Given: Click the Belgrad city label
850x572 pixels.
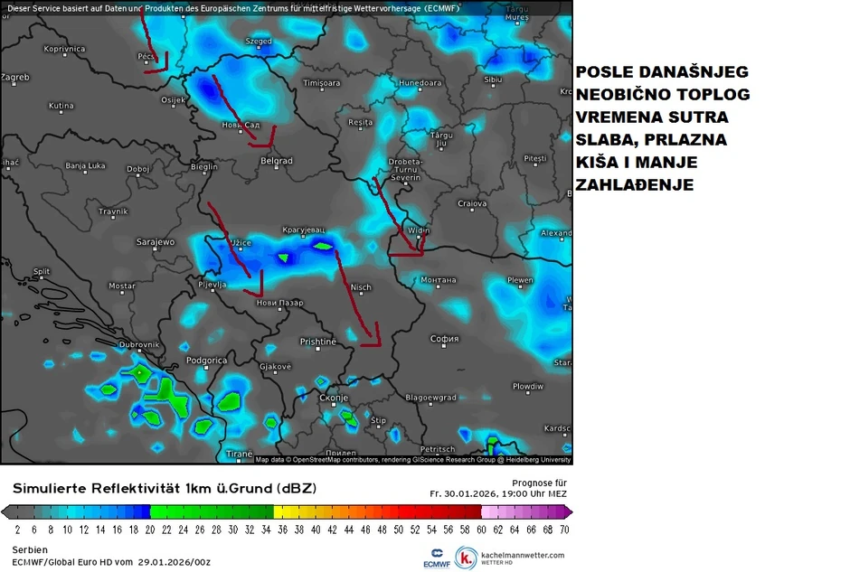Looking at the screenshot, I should (x=276, y=161).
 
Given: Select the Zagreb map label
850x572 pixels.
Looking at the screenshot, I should (x=15, y=78).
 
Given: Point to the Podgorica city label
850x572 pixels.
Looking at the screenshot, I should (x=206, y=360).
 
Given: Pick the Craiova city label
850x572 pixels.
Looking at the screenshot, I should (x=472, y=203).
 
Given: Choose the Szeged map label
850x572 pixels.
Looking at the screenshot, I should (x=259, y=42).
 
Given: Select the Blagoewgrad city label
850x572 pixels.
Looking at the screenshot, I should (x=430, y=397).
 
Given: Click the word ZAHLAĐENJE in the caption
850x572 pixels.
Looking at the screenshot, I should (x=635, y=185).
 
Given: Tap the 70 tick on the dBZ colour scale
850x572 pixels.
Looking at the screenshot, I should (x=564, y=530).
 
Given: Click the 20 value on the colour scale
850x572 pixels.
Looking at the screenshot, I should (x=150, y=530).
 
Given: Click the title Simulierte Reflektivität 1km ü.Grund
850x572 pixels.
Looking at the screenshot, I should (x=165, y=489).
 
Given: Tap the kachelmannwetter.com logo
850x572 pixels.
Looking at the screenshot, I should (x=511, y=558).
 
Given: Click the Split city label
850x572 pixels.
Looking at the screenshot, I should (x=42, y=271).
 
